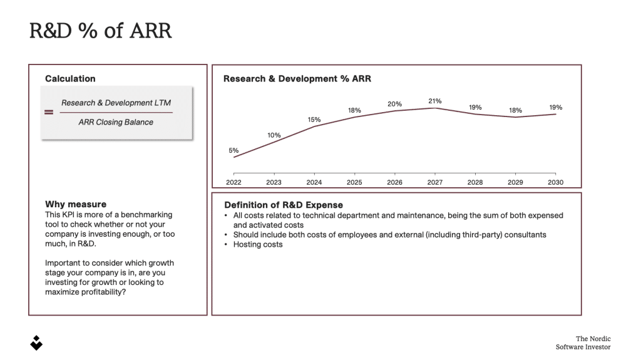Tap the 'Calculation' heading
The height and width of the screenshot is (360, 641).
click(70, 79)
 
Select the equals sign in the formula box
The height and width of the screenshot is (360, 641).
click(49, 113)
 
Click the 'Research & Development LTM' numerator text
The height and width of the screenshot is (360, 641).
click(116, 103)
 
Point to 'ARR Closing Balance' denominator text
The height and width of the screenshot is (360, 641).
click(116, 122)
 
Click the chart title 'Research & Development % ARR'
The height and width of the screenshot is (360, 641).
click(297, 79)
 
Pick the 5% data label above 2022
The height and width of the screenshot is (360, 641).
click(233, 150)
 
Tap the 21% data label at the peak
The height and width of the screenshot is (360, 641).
click(435, 101)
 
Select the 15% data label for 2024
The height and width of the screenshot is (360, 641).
click(314, 120)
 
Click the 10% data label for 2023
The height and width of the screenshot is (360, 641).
click(274, 135)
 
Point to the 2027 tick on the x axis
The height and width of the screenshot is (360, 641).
click(435, 182)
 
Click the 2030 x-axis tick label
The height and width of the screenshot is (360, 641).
click(556, 182)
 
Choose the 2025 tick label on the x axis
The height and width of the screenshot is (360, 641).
click(354, 182)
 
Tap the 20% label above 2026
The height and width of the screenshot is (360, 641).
click(394, 104)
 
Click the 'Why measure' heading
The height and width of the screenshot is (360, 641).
click(76, 204)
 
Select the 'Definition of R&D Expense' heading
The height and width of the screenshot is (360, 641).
click(284, 205)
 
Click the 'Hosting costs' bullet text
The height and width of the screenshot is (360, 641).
click(258, 244)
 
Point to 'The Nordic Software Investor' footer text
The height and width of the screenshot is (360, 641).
click(583, 343)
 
